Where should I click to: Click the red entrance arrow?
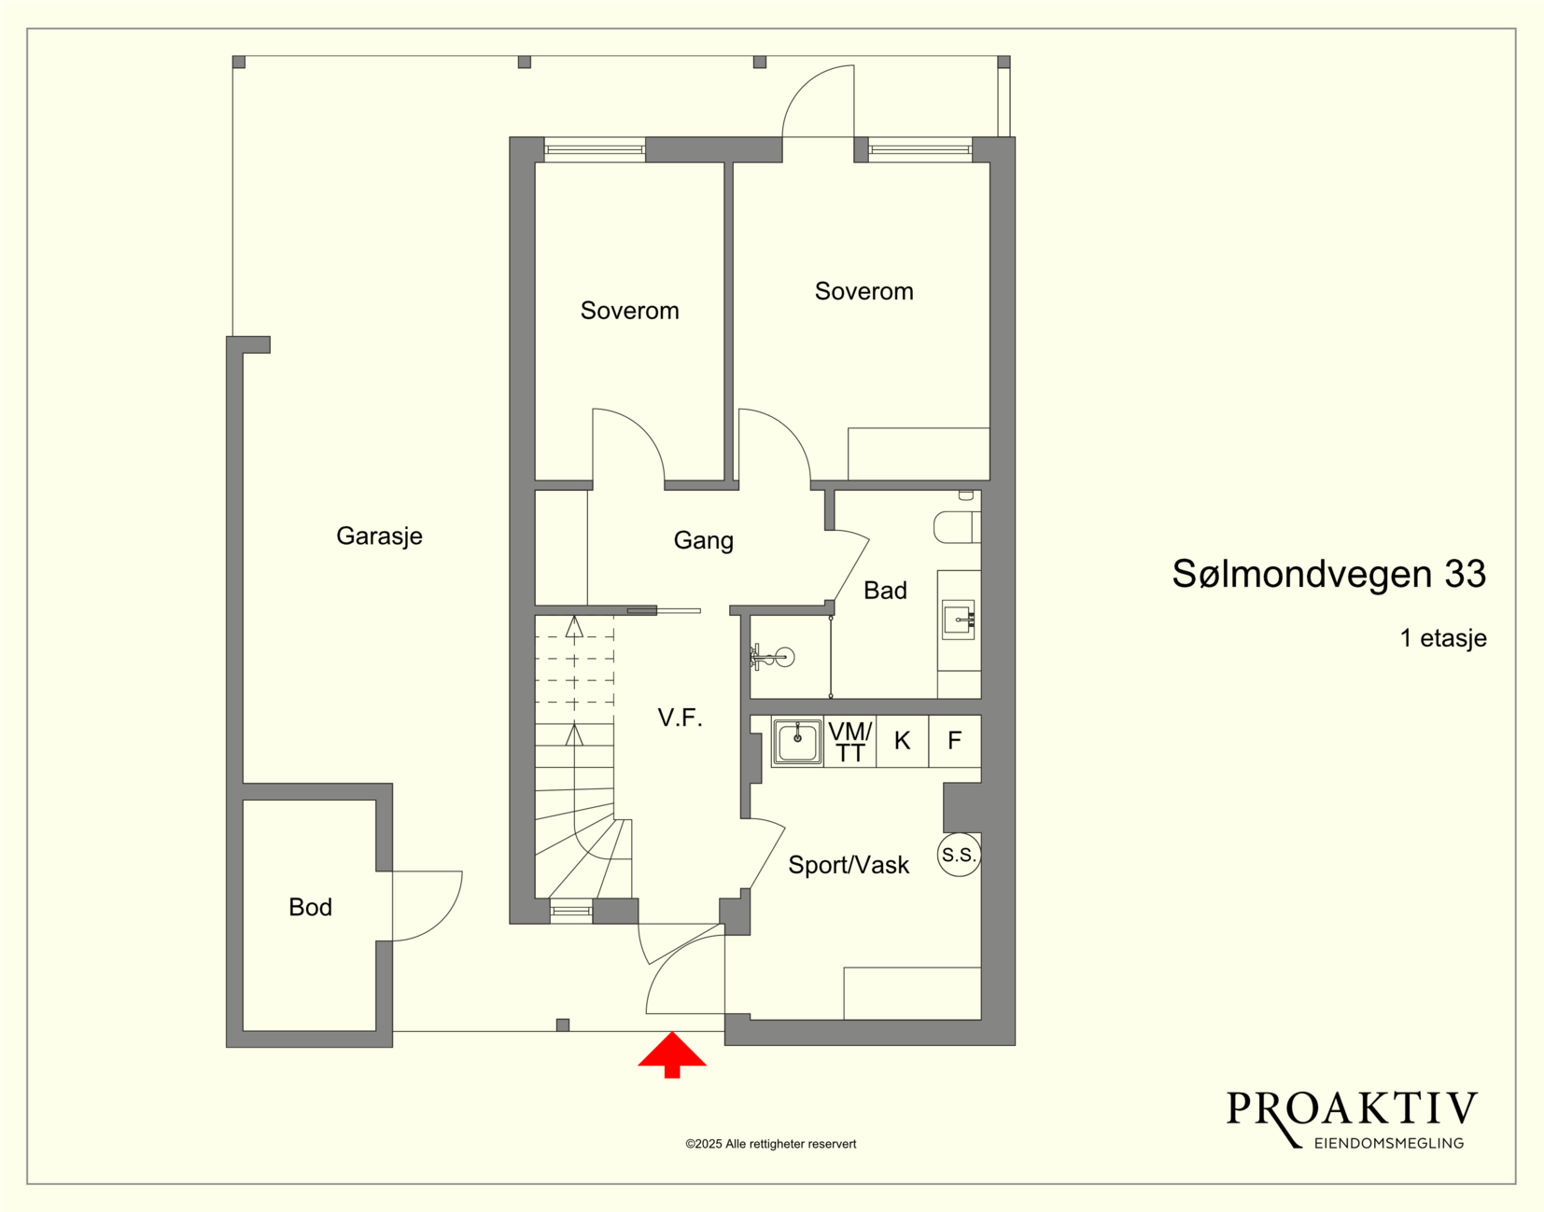(x=671, y=1055)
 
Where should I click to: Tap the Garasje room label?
(x=379, y=536)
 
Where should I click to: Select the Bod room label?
(x=311, y=908)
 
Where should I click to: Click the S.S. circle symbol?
(x=959, y=855)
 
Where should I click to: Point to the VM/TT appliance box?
(x=849, y=741)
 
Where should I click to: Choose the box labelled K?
(x=903, y=741)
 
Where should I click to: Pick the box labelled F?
(x=955, y=741)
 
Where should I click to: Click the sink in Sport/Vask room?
(x=797, y=742)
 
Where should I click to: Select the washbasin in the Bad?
(x=959, y=620)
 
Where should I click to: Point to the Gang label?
(x=704, y=541)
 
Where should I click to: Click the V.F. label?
(x=680, y=718)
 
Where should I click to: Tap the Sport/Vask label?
(x=849, y=865)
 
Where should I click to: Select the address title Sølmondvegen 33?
(x=1328, y=574)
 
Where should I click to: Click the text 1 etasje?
(x=1443, y=638)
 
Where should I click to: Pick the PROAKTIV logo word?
(x=1352, y=1109)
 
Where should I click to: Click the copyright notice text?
(x=771, y=1144)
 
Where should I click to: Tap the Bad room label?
(x=885, y=591)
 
